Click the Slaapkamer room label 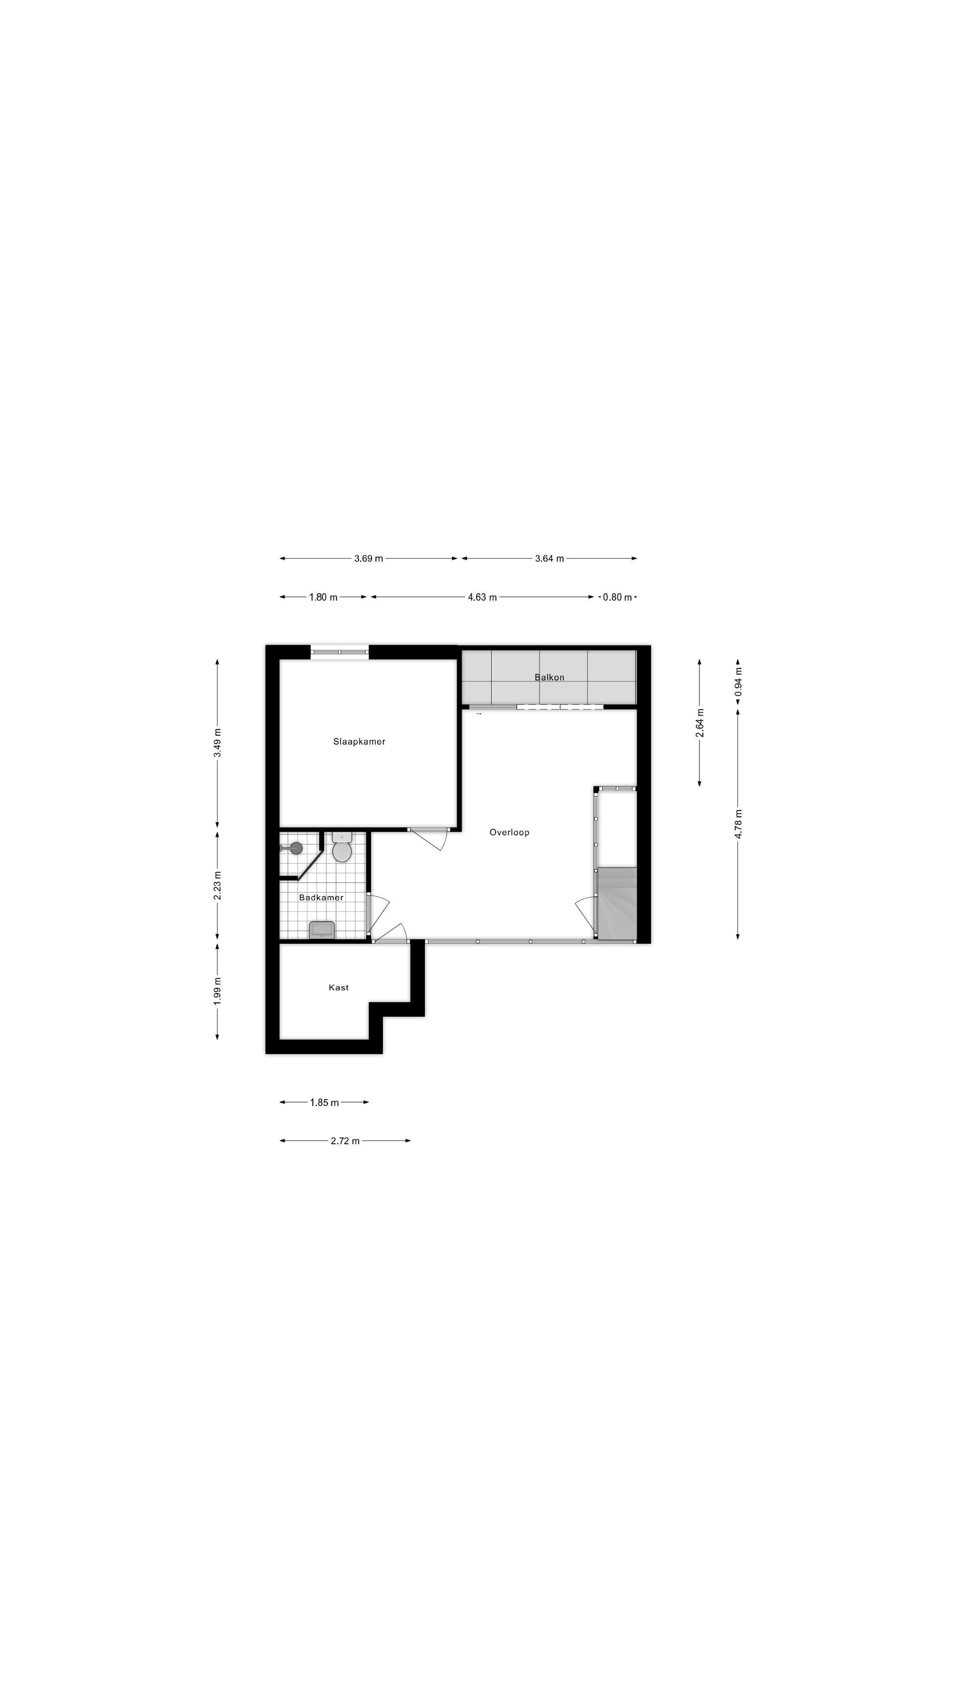[x=359, y=742]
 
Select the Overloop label [x=509, y=832]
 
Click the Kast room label [x=339, y=988]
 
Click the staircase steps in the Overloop [x=617, y=903]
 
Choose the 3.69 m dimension [x=368, y=559]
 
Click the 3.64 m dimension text [x=549, y=559]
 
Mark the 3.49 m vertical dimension [x=218, y=743]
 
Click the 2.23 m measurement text [x=218, y=885]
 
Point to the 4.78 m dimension [x=738, y=824]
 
